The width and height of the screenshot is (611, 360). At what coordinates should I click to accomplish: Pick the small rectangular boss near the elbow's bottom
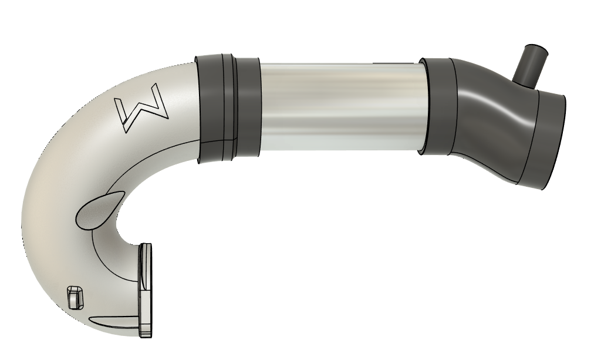pos(74,297)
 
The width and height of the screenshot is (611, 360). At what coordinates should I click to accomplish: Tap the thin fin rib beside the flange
pos(115,322)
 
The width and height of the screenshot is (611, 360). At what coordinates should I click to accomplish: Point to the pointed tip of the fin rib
pos(90,321)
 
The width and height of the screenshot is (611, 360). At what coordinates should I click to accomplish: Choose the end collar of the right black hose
pos(546,141)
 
